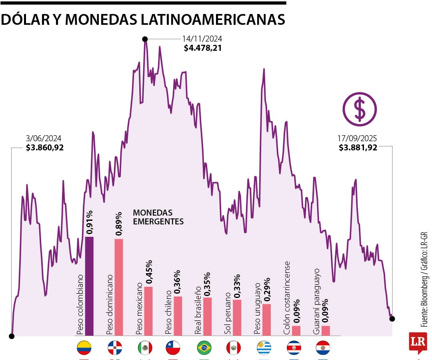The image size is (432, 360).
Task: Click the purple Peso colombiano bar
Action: coord(90,286)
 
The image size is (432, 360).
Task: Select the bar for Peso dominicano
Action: coord(119,287)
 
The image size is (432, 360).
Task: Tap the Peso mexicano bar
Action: coord(148,311)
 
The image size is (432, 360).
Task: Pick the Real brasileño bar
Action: coord(207,316)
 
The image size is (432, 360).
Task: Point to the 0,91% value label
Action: coord(90,222)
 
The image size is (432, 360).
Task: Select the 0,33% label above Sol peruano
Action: coord(237,286)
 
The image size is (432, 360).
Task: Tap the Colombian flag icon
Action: coord(84,348)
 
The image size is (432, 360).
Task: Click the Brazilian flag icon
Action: coord(204,348)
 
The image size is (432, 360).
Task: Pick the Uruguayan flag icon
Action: coord(264,348)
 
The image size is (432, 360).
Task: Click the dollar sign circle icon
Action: coord(360,109)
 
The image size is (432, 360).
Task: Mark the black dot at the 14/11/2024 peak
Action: coord(145,39)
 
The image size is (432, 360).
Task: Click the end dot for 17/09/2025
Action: coord(392,318)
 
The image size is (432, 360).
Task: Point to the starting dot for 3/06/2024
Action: coord(12,336)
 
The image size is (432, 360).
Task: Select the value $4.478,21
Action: coord(203,48)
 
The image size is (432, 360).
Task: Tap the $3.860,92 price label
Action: coord(44,148)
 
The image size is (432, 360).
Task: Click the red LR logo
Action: coord(418,342)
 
